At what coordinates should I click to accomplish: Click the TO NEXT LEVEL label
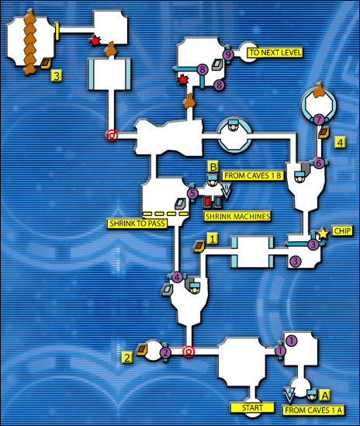275,53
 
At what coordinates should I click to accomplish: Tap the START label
252,407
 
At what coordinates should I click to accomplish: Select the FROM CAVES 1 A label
313,410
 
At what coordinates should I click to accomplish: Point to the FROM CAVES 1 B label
253,176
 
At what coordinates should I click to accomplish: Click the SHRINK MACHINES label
237,216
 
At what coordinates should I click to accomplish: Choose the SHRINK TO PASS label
137,223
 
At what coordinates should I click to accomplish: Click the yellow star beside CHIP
323,234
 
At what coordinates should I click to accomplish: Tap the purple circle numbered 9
229,55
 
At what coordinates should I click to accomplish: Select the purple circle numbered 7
319,119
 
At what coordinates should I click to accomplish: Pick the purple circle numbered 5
192,193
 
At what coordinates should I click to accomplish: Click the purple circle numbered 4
177,277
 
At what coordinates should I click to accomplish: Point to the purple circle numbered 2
165,352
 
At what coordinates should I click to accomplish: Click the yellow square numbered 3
57,76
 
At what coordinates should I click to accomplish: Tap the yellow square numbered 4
341,142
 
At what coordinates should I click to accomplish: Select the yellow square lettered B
213,167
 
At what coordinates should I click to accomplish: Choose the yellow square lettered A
325,396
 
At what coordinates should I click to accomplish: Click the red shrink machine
207,202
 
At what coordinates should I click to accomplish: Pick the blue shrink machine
218,202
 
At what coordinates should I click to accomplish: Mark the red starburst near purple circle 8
183,80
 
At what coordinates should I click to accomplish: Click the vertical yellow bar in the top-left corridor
57,31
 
